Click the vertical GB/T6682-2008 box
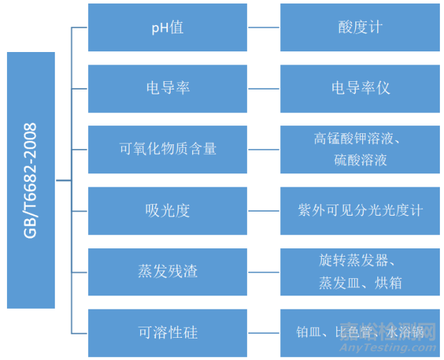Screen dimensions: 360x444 tap(31, 180)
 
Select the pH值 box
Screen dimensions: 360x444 tap(167, 28)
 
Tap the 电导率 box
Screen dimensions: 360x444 tap(167, 89)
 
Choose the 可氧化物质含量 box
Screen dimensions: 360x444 tap(167, 149)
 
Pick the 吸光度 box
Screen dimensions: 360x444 tap(167, 210)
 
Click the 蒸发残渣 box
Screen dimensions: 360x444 tap(167, 271)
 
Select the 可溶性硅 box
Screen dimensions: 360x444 tap(167, 332)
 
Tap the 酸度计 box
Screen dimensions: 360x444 tap(360, 28)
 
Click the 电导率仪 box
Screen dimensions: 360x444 tap(360, 89)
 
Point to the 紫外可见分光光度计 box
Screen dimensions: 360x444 tap(360, 210)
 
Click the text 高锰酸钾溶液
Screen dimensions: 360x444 tap(357, 139)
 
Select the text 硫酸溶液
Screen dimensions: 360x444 tap(360, 160)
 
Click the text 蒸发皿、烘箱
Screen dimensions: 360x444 tap(360, 282)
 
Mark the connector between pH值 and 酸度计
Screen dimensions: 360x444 tap(264, 28)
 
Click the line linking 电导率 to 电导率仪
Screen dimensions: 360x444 tap(264, 89)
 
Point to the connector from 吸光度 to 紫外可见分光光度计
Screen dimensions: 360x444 tap(264, 210)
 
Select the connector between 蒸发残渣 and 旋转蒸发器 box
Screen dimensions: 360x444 tap(264, 271)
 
